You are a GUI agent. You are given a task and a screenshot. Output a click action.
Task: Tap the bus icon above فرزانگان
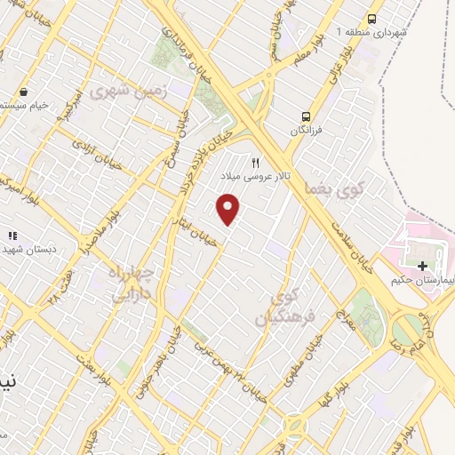(x=306, y=116)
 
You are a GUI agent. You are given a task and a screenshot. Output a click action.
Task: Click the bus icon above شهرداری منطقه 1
(x=372, y=18)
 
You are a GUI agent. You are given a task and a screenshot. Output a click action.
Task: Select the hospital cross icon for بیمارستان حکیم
(x=422, y=265)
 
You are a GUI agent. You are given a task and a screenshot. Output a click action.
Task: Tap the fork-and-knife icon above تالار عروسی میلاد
(x=256, y=163)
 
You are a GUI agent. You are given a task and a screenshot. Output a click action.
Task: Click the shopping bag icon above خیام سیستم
(x=24, y=91)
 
